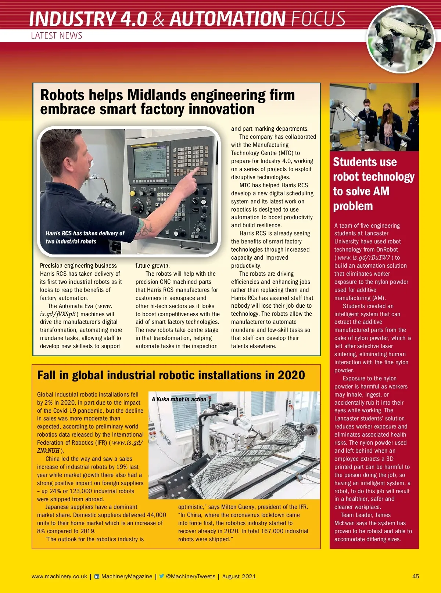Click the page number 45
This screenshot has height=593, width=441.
tap(415, 576)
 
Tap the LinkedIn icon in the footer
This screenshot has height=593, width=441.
tap(97, 576)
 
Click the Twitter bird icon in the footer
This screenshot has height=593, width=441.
tap(161, 576)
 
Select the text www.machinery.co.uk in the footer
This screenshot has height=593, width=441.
tap(59, 576)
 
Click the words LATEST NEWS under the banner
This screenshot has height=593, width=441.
tap(57, 36)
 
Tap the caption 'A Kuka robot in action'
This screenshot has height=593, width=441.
tap(179, 399)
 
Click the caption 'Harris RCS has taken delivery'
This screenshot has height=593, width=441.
tap(85, 234)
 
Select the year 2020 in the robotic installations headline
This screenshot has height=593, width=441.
tap(291, 375)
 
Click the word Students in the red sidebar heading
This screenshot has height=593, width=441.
tap(365, 162)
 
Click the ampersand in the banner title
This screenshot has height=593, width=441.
tap(158, 19)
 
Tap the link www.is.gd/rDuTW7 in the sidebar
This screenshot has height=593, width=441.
tap(364, 258)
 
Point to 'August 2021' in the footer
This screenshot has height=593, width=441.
tap(239, 576)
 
